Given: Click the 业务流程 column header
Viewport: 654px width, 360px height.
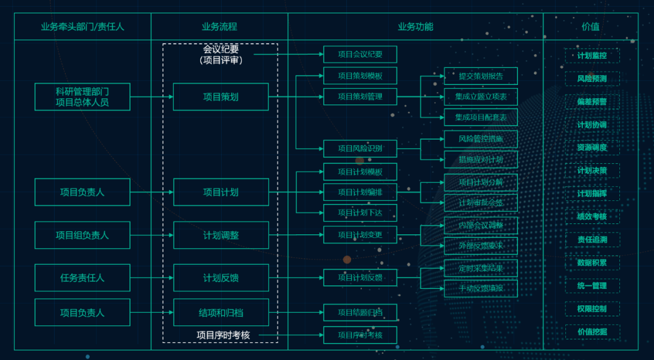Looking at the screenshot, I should coord(219,27).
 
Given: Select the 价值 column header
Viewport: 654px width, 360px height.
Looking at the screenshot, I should coord(590,27).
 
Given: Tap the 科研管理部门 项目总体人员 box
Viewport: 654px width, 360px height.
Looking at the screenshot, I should coord(83,97).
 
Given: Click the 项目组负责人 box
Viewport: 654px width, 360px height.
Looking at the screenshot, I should coord(83,235).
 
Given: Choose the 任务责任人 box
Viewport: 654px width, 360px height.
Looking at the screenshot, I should coord(83,277).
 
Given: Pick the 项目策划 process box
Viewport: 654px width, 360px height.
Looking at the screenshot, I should coord(220,97).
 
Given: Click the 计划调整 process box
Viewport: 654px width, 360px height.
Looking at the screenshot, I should coord(220,235).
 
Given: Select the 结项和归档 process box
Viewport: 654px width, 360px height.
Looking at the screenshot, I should coord(220,313).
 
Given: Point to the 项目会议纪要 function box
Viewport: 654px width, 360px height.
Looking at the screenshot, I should coord(360,54).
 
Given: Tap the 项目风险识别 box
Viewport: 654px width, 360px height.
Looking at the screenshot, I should coord(360,148).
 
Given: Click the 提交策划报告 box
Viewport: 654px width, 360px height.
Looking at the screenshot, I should coord(481,76).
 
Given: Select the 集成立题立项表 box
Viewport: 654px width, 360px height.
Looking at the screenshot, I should coord(481,97).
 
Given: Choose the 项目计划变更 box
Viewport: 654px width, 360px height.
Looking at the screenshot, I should coord(360,235).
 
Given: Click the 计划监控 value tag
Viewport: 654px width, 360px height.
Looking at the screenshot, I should coord(592,56).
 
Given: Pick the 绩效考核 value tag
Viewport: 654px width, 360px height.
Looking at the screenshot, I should coord(592,217).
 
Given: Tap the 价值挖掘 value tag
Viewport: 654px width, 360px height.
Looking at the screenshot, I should coord(592,331).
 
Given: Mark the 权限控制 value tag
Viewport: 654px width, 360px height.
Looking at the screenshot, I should coord(592,309).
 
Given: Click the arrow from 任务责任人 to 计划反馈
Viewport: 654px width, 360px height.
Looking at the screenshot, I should coord(152,277).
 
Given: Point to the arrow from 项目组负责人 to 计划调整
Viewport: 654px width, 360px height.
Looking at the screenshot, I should coord(152,235).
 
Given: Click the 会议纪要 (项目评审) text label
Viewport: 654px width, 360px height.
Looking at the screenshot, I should coord(220,54).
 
